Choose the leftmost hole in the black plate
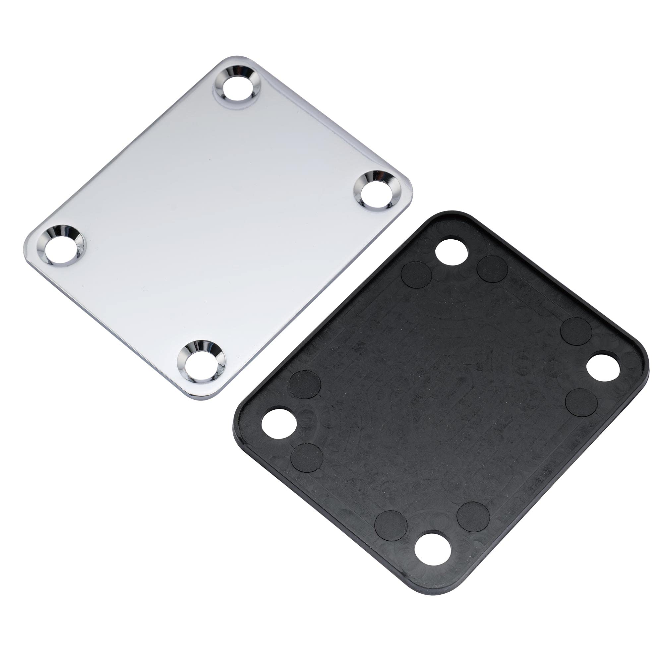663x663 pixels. coord(279,422)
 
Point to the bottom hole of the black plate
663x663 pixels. coord(432,547)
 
